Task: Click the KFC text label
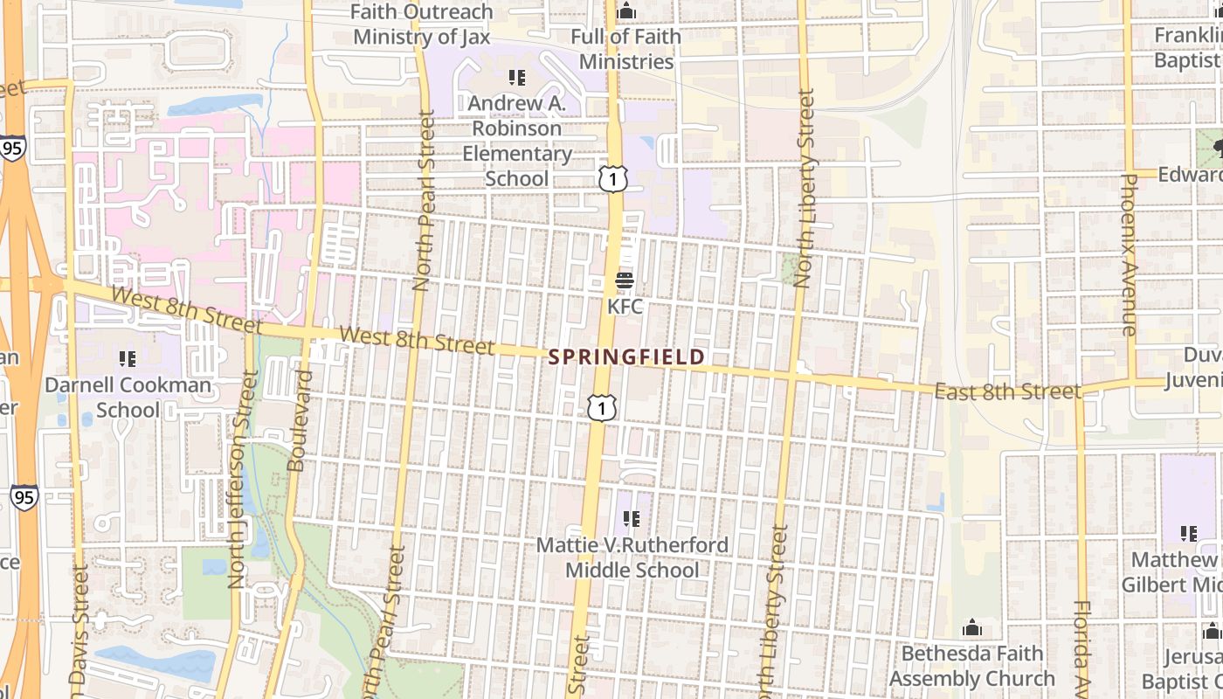[625, 307]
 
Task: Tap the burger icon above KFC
[625, 281]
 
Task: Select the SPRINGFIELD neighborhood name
[627, 357]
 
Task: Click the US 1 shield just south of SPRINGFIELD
[602, 407]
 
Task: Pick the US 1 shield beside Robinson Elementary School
[613, 179]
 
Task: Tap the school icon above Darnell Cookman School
[128, 359]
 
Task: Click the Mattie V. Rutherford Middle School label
[632, 557]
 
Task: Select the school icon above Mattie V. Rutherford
[632, 520]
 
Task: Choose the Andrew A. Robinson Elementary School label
[517, 141]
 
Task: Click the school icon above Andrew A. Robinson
[517, 78]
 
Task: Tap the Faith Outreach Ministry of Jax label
[422, 24]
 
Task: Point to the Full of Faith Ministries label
[626, 49]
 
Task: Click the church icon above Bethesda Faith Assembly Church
[971, 628]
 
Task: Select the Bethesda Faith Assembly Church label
[971, 666]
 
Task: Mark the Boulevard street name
[299, 421]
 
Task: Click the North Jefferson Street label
[237, 479]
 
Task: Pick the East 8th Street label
[1007, 391]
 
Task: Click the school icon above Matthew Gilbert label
[1188, 533]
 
